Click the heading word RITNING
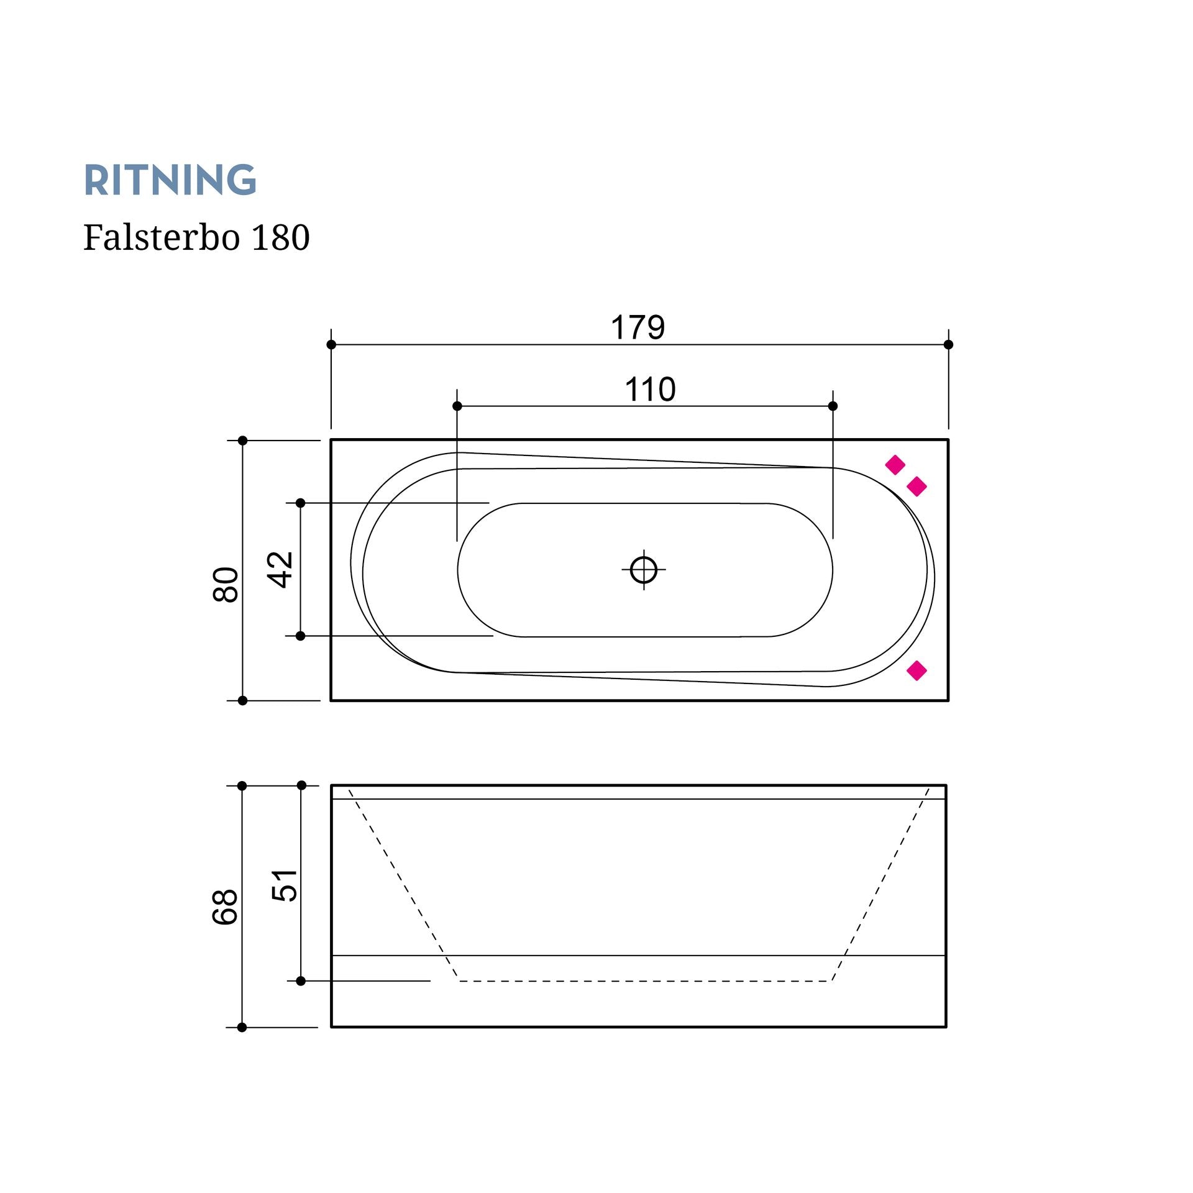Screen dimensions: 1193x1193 click(x=170, y=180)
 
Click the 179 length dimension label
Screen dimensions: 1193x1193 click(x=638, y=327)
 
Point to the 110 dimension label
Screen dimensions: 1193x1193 click(x=650, y=390)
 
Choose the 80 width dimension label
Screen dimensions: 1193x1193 click(x=226, y=585)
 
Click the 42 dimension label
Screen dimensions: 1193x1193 click(x=280, y=569)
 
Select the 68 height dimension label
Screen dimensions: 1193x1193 click(x=226, y=907)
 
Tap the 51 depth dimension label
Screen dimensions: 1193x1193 click(x=285, y=885)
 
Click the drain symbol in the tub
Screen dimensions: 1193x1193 click(x=644, y=569)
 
